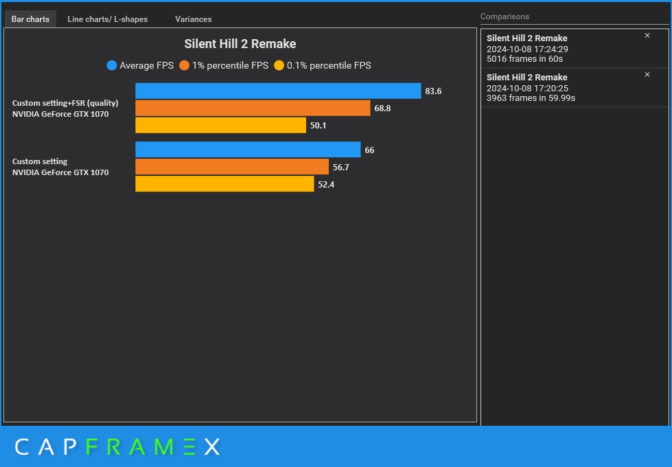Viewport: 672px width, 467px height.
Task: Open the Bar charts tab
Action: click(30, 19)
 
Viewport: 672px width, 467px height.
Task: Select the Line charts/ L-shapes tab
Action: click(107, 19)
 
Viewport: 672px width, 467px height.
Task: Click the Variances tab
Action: click(193, 19)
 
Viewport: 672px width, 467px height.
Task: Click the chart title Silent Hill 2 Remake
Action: click(240, 44)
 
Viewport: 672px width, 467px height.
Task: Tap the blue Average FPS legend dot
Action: click(112, 66)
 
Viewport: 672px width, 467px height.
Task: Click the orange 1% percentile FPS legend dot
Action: click(184, 66)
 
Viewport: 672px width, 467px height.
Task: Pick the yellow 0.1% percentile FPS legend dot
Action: click(279, 66)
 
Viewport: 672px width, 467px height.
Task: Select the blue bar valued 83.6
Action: click(278, 91)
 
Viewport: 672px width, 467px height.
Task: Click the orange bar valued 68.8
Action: click(253, 109)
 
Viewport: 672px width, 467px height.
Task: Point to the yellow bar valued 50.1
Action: click(220, 125)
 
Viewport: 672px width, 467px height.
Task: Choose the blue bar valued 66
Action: click(248, 150)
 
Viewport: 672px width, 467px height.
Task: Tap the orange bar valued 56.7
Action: click(232, 167)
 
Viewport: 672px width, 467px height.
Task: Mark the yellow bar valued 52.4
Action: click(224, 184)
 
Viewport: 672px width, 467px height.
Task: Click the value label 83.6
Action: click(433, 91)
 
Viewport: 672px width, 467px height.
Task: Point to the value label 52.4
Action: click(326, 184)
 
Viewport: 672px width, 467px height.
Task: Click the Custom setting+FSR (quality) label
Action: click(65, 103)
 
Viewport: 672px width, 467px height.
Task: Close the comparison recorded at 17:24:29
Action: click(647, 36)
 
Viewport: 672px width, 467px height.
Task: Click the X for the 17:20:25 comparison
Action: click(647, 75)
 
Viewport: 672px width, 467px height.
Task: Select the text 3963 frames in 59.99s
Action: click(531, 98)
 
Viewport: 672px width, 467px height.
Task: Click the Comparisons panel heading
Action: click(505, 16)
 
